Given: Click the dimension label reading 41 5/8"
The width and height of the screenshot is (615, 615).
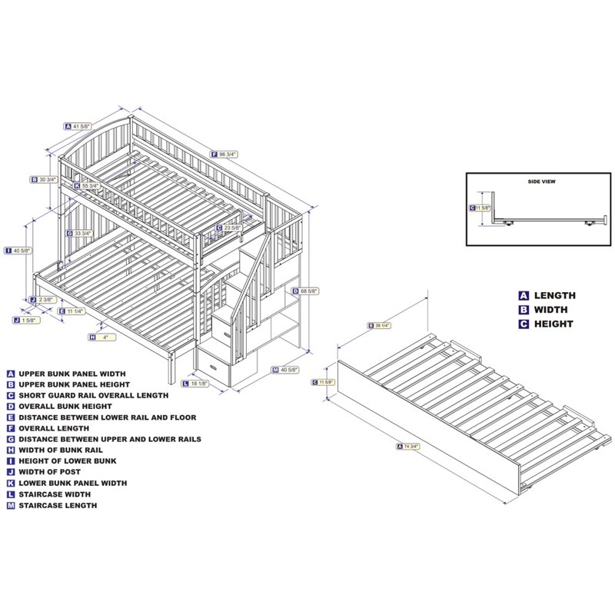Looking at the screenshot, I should (x=81, y=126).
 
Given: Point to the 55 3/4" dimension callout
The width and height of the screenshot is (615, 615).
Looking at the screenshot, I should (x=91, y=186).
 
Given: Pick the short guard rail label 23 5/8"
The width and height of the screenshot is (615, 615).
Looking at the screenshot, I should (x=229, y=228).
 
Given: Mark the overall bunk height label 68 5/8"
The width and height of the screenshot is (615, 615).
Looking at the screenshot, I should (x=307, y=291).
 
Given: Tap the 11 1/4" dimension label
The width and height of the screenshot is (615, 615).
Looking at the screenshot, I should (x=75, y=311).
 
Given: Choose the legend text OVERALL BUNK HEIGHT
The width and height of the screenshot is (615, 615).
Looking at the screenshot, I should (x=65, y=406).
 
